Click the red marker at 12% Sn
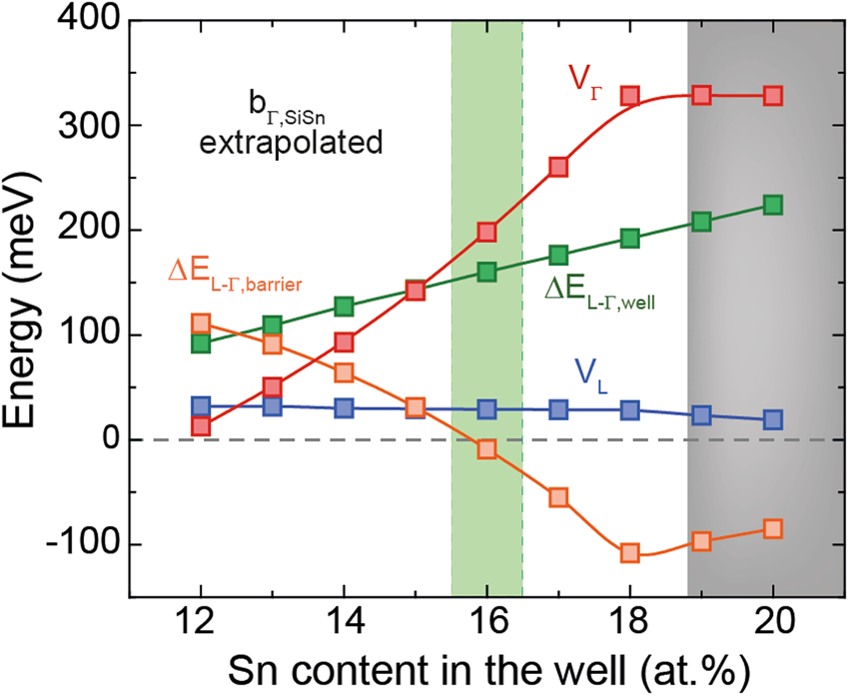click(x=201, y=426)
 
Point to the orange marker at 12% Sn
click(x=201, y=324)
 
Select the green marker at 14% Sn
click(x=344, y=307)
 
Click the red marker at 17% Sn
click(x=558, y=166)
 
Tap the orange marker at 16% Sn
click(x=486, y=449)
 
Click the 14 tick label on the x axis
click(x=344, y=621)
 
